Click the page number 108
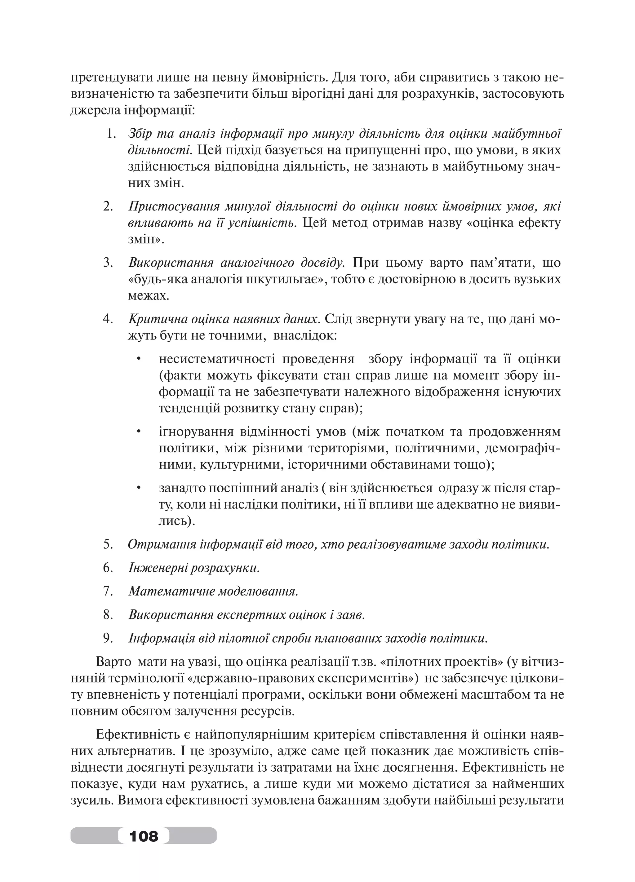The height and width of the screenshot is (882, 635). point(144,835)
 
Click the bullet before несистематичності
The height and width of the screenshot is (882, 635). point(138,359)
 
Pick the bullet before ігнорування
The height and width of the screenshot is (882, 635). point(138,431)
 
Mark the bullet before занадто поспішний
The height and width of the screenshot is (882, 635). point(138,488)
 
